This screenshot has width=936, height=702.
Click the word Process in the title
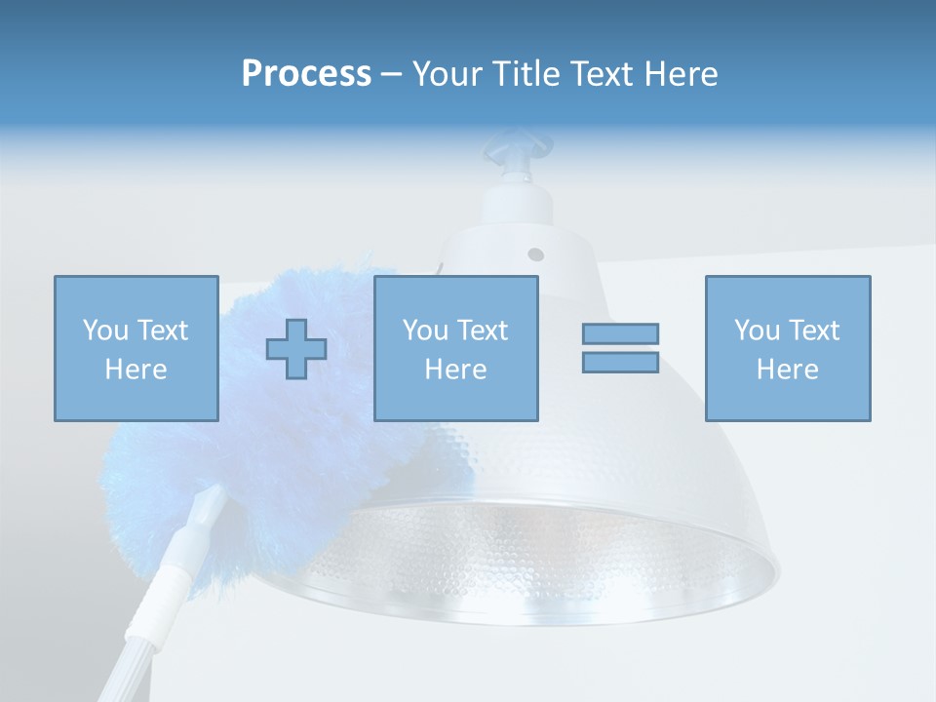point(306,74)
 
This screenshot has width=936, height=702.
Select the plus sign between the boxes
point(296,348)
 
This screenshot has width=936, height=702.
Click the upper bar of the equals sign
point(620,333)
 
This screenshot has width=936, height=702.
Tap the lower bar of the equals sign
point(620,362)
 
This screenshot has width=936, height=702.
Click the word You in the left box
point(104,331)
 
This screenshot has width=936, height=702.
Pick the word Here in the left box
point(136,370)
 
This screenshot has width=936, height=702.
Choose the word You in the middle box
point(425,331)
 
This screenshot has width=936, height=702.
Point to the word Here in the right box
point(787,370)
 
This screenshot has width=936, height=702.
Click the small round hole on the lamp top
point(535,254)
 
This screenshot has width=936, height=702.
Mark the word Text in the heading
point(596,74)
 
